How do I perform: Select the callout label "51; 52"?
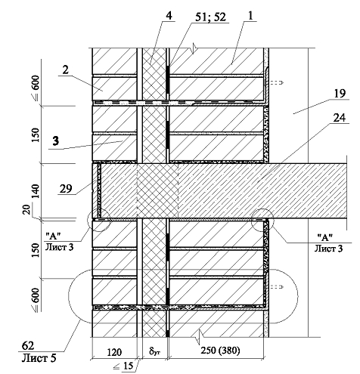coord(211,17)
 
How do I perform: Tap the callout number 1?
coord(250,16)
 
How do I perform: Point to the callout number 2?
coord(65,70)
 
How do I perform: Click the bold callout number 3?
coord(56,141)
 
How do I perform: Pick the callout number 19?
coord(340,94)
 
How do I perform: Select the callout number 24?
coord(340,118)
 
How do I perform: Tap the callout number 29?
coord(66,188)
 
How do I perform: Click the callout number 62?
coord(28,346)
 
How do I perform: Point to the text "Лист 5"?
coord(39,357)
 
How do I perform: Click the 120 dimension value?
coord(114,352)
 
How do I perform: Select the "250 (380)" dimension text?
coord(220,351)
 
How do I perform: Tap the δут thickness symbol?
coord(154,351)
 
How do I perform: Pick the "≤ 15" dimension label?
coord(123,366)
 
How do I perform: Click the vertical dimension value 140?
coord(36,191)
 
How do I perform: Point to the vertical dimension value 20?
coord(27,209)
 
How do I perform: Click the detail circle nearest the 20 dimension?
coord(98,220)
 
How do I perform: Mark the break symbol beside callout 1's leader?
coord(194,48)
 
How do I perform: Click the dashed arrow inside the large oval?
coord(277,287)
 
